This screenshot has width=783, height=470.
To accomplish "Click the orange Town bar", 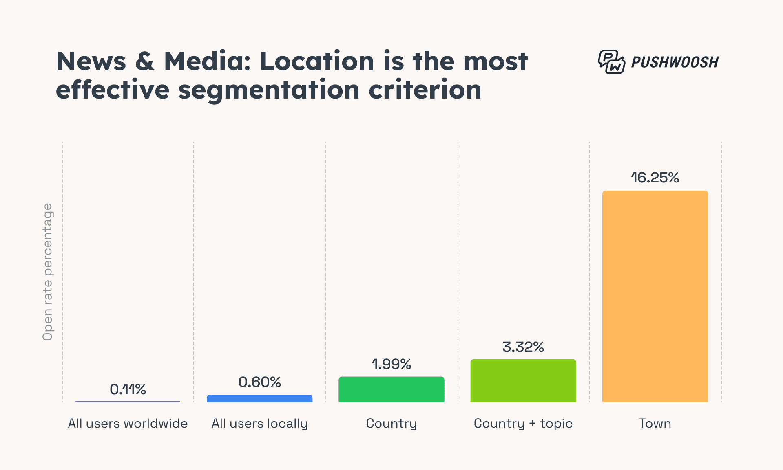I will click(655, 296).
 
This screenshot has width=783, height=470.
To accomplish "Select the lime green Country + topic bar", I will click(523, 381).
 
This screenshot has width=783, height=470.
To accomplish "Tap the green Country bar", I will click(391, 389).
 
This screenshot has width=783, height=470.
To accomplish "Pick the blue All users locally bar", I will click(259, 398).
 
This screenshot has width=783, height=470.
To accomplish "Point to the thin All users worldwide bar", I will click(128, 402).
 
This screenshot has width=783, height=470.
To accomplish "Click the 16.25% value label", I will click(655, 178).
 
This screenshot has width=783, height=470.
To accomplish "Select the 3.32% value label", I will click(523, 347).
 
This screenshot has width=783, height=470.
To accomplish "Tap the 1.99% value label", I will click(391, 364).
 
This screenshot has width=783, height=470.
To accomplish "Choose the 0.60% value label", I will click(259, 382).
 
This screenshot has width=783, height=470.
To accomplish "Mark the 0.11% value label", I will click(128, 389).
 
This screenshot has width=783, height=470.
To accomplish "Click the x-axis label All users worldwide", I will click(128, 424).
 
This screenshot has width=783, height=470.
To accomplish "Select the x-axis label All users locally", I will click(259, 424).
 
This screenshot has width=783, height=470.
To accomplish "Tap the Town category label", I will click(655, 424).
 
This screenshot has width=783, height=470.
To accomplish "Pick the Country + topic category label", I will click(523, 424).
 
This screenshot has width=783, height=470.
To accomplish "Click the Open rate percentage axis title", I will click(48, 272).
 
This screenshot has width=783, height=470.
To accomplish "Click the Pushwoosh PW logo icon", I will click(611, 62).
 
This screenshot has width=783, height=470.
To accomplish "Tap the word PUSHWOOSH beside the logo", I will click(675, 62).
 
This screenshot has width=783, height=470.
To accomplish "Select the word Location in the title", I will click(317, 61).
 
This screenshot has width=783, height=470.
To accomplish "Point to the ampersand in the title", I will click(145, 61).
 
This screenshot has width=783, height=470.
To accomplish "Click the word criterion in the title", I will click(425, 90).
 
